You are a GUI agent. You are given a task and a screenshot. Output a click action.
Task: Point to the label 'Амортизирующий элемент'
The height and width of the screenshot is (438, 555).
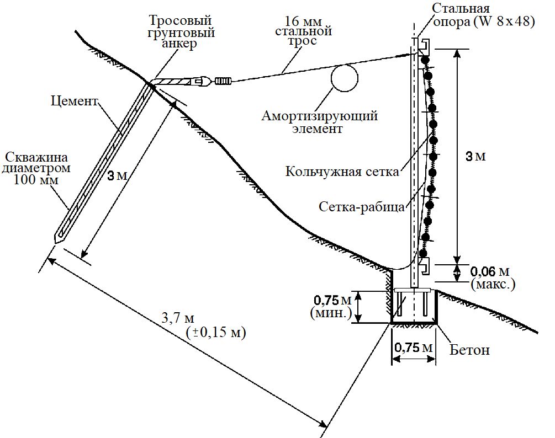(320, 122)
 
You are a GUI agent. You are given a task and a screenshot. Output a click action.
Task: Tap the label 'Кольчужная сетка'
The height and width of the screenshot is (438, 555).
(342, 171)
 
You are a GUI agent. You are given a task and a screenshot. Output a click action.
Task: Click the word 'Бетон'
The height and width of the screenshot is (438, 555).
(469, 350)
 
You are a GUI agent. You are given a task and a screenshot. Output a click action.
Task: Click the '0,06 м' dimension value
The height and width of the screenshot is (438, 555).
(489, 271)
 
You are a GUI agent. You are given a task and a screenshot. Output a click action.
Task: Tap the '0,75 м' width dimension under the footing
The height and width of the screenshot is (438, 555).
(412, 348)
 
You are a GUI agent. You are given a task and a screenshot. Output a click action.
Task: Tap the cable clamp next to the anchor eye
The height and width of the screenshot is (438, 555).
(222, 82)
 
